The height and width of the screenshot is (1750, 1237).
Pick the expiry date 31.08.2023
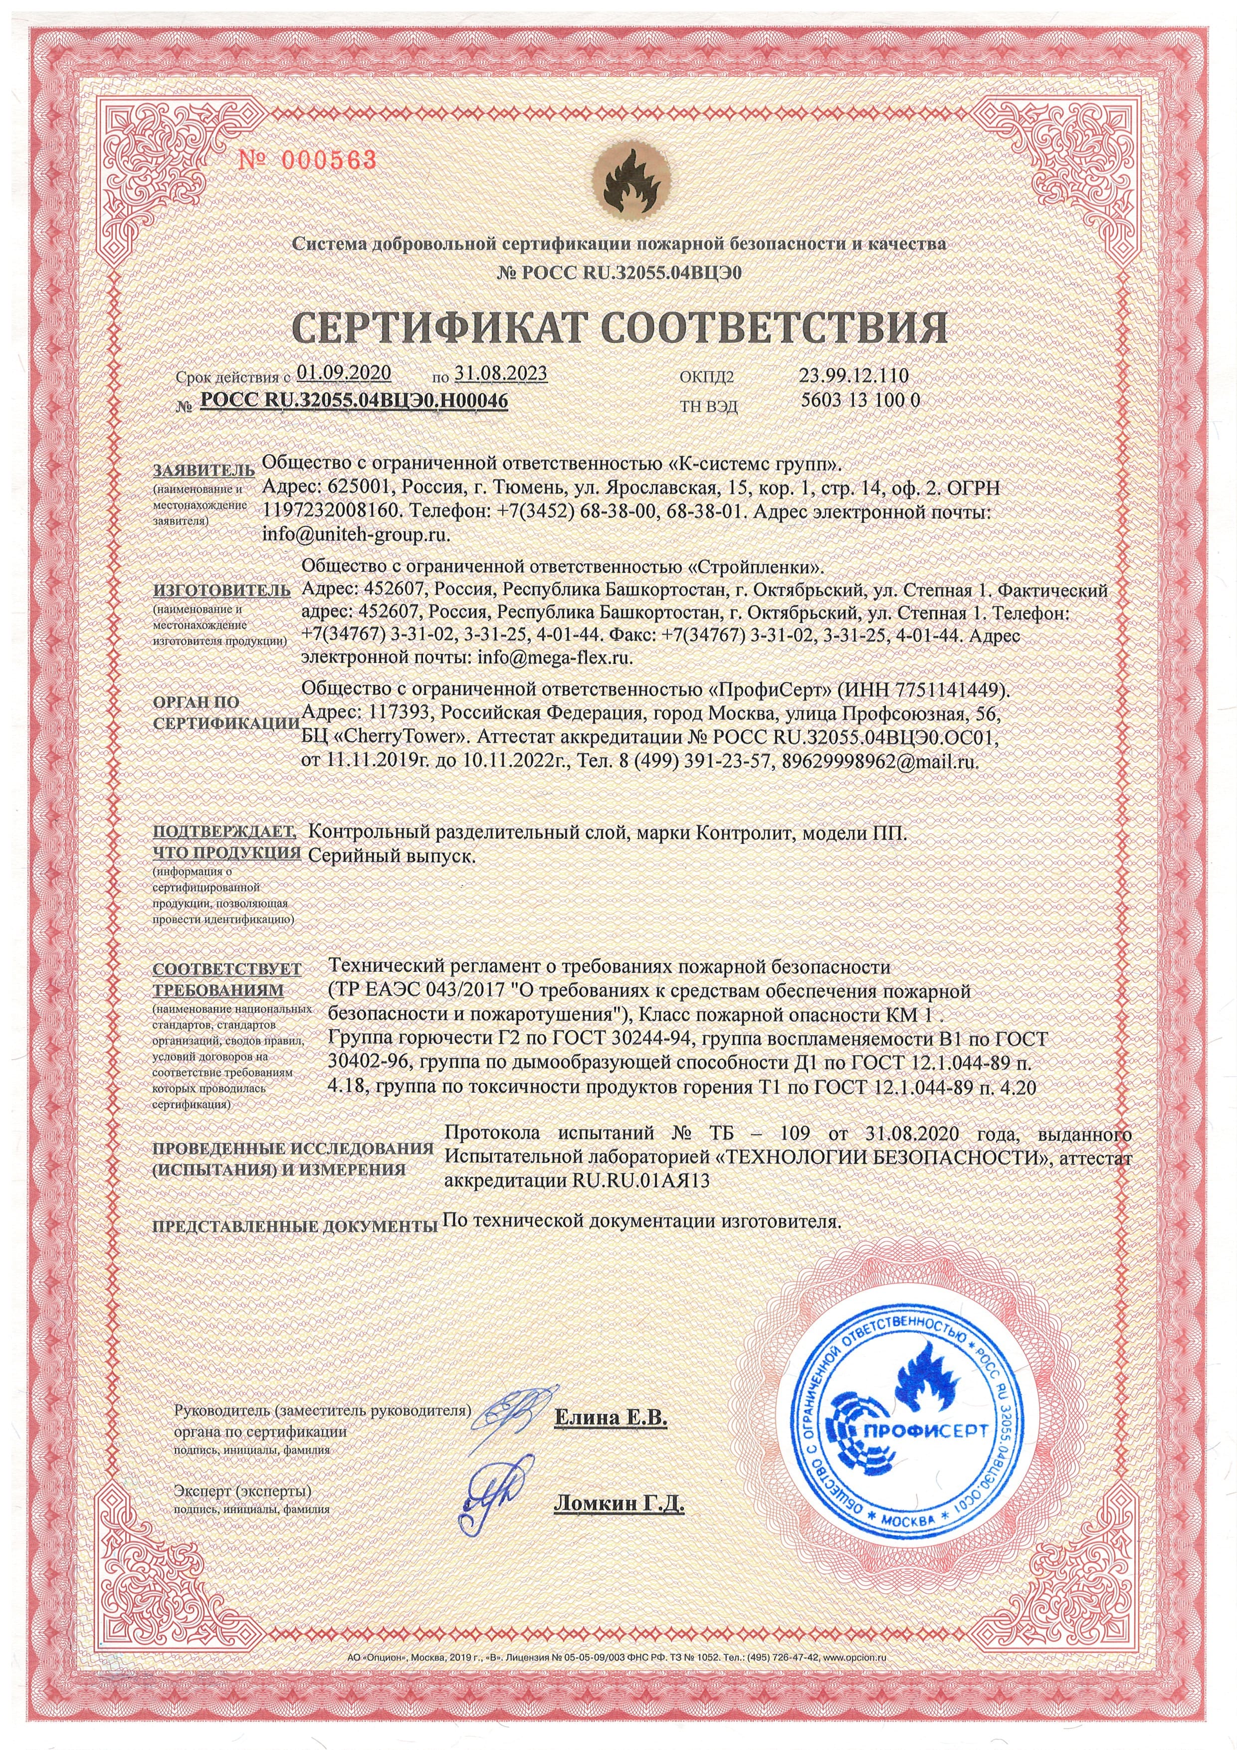click(x=500, y=373)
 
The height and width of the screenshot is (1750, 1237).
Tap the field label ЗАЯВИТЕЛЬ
click(x=199, y=468)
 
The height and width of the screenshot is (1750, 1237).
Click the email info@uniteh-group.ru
click(x=355, y=535)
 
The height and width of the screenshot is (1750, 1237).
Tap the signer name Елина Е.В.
click(x=610, y=1418)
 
